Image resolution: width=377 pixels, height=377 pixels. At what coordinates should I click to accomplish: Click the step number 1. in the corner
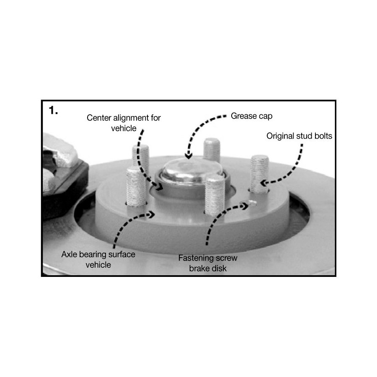(53, 110)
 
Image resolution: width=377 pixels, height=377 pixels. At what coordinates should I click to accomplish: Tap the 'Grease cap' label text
(251, 116)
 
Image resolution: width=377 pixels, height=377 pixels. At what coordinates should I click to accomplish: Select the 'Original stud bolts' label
(299, 136)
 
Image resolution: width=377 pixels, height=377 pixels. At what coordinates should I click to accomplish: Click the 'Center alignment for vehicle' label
(124, 123)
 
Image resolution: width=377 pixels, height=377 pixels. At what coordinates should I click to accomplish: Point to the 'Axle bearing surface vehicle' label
(98, 259)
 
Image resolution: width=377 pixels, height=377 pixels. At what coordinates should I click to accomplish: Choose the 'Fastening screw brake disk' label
(208, 263)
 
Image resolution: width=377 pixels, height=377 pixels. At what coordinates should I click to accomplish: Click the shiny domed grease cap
(193, 170)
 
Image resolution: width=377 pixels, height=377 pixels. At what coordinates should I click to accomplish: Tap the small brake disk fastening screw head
(253, 203)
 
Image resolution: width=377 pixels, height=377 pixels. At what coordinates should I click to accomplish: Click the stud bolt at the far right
(259, 174)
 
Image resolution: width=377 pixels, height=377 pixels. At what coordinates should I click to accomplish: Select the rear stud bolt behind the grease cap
(212, 149)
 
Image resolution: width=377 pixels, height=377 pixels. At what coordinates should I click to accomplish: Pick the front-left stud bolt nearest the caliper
(136, 187)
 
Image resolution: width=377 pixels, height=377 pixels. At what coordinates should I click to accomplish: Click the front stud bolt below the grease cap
(215, 195)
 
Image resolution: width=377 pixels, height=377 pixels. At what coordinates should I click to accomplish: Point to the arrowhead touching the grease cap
(189, 156)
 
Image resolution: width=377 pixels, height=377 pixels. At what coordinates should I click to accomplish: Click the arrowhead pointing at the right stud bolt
(264, 183)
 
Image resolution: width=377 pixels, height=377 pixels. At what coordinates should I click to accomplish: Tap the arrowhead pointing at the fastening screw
(245, 206)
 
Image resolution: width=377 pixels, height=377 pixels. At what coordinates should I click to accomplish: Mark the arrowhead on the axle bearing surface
(152, 214)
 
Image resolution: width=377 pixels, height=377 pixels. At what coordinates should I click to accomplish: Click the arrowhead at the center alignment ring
(158, 186)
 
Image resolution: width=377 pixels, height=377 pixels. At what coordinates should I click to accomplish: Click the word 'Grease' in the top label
(242, 116)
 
